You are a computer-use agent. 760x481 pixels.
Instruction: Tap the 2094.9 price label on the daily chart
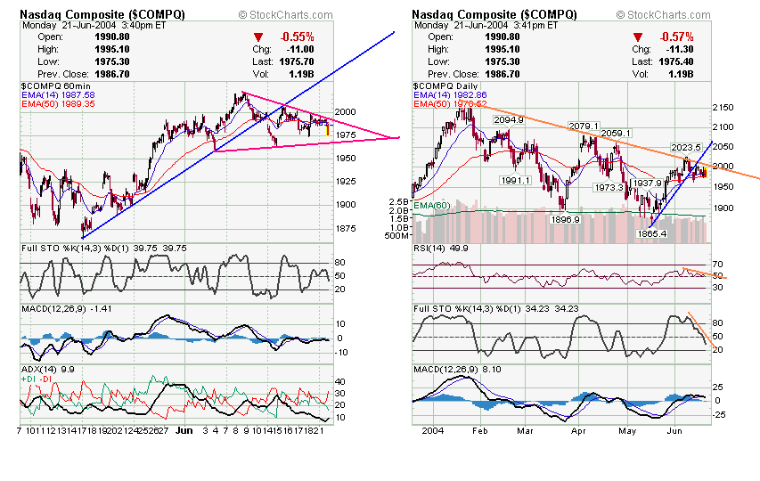point(507,119)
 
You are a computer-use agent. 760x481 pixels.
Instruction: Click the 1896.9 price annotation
point(566,219)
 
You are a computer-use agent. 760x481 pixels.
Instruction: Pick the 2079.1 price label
point(584,126)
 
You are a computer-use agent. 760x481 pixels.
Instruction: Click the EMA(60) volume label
point(432,206)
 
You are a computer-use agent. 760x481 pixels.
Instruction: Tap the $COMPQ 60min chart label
point(53,85)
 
